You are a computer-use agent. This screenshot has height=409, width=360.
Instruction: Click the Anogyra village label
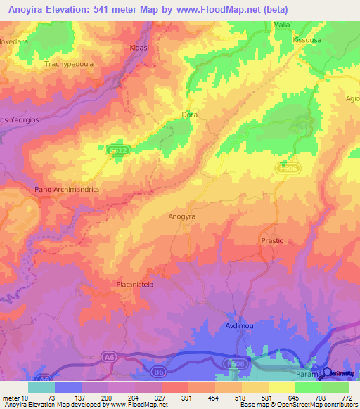click(181, 217)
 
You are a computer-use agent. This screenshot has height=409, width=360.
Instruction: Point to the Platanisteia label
click(135, 285)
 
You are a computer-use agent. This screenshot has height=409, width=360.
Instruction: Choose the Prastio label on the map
click(271, 240)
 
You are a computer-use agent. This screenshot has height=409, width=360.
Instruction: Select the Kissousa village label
click(307, 41)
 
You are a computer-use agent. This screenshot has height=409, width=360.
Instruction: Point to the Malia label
click(281, 25)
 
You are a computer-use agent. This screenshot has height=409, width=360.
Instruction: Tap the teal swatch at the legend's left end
click(41, 387)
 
